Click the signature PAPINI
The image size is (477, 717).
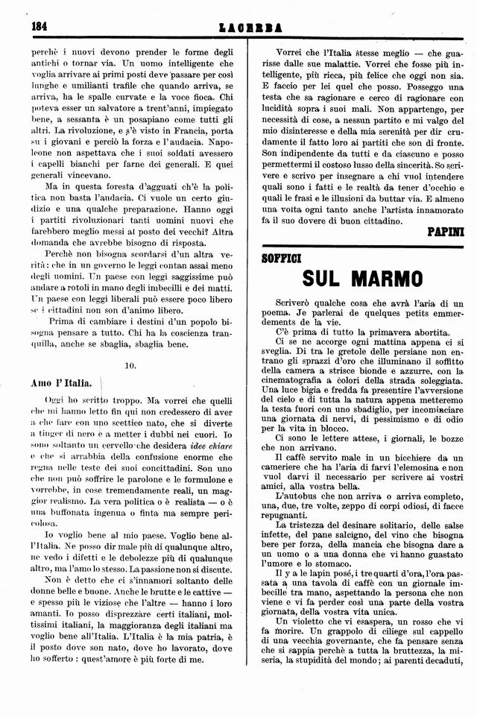tap(445, 232)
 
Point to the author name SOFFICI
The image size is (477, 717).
tap(281, 259)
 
